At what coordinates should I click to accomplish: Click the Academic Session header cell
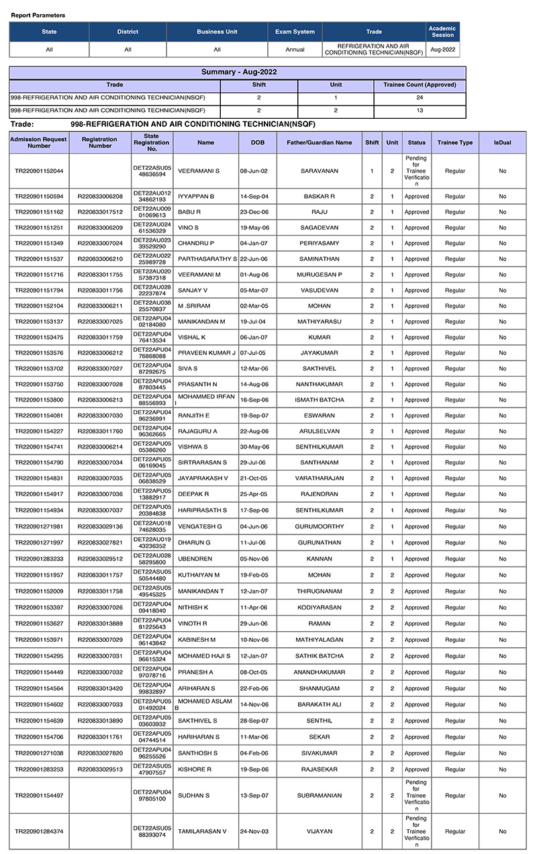(x=442, y=32)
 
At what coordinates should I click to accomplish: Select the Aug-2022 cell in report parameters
(x=442, y=50)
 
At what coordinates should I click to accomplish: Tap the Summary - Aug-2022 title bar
(x=238, y=72)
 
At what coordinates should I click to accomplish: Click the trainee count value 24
(x=420, y=97)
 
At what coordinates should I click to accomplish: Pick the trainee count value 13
(x=420, y=110)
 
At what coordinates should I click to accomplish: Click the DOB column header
(x=258, y=142)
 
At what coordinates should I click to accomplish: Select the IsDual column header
(x=502, y=142)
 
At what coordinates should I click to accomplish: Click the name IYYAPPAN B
(x=196, y=196)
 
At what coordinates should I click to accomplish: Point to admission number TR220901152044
(x=39, y=171)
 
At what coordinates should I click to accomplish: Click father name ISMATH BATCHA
(x=320, y=400)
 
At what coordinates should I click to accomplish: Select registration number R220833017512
(x=100, y=212)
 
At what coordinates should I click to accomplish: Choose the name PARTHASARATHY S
(x=207, y=259)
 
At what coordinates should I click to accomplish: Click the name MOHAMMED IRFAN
(x=205, y=397)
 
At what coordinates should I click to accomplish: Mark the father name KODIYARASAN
(x=320, y=608)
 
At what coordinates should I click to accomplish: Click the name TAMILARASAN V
(x=202, y=831)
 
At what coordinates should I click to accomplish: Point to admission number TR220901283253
(x=39, y=769)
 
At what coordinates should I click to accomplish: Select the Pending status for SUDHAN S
(x=416, y=796)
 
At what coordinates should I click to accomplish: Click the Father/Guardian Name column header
(x=320, y=142)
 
